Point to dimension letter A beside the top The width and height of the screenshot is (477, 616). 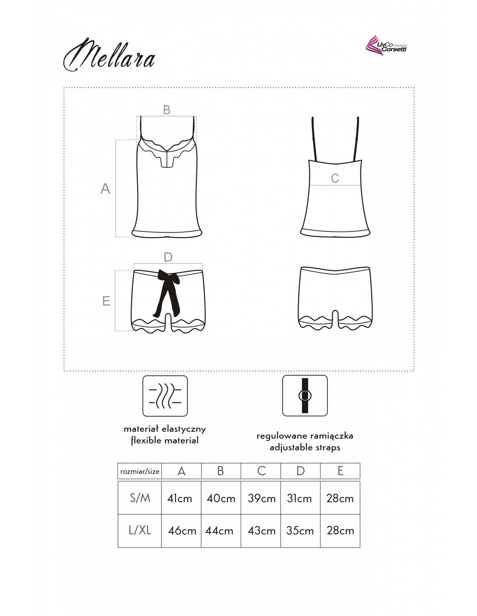tap(105, 189)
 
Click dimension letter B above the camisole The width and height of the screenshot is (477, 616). tap(167, 110)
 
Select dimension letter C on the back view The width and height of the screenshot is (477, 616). tap(335, 178)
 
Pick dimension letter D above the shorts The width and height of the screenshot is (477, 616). tap(168, 257)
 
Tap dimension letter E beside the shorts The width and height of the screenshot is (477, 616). tap(106, 301)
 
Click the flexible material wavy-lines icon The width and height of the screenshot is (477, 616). tap(165, 396)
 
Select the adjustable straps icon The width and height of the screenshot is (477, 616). tap(305, 396)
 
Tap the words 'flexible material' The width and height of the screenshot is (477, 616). tap(165, 441)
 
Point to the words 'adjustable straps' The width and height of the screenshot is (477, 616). tap(305, 447)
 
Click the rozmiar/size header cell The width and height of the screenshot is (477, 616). tap(139, 471)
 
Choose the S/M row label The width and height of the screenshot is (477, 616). tap(140, 498)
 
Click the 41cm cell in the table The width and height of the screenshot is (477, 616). tap(180, 499)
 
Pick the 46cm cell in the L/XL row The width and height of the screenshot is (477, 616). tap(181, 531)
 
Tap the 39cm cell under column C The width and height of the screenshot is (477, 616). tap(261, 499)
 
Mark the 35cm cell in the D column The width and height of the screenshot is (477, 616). tap(300, 531)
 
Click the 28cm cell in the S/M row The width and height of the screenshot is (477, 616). tap(340, 499)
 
